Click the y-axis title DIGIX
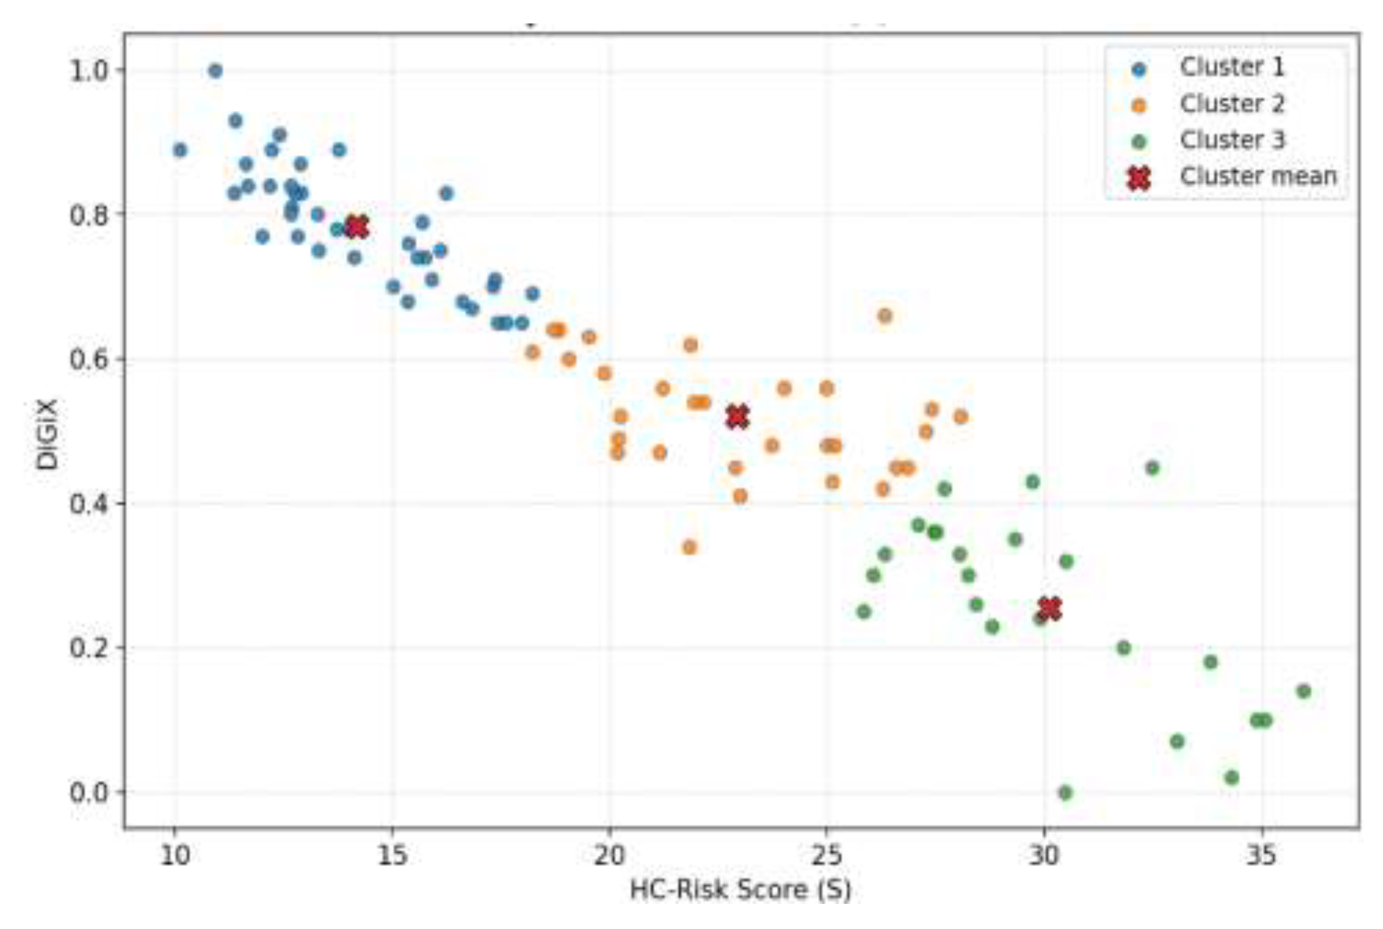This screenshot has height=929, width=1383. pyautogui.click(x=47, y=434)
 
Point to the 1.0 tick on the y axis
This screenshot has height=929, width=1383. pyautogui.click(x=89, y=71)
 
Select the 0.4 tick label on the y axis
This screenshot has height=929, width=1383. pyautogui.click(x=89, y=504)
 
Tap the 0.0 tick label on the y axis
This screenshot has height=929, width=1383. pyautogui.click(x=89, y=792)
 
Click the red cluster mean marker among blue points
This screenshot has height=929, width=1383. pyautogui.click(x=356, y=227)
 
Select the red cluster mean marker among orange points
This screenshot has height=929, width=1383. pyautogui.click(x=737, y=417)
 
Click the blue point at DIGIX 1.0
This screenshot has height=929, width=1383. pyautogui.click(x=215, y=71)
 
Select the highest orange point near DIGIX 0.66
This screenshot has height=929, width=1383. pyautogui.click(x=885, y=316)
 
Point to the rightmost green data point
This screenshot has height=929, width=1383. pyautogui.click(x=1304, y=691)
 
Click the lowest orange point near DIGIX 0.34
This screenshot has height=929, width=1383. pyautogui.click(x=689, y=547)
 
